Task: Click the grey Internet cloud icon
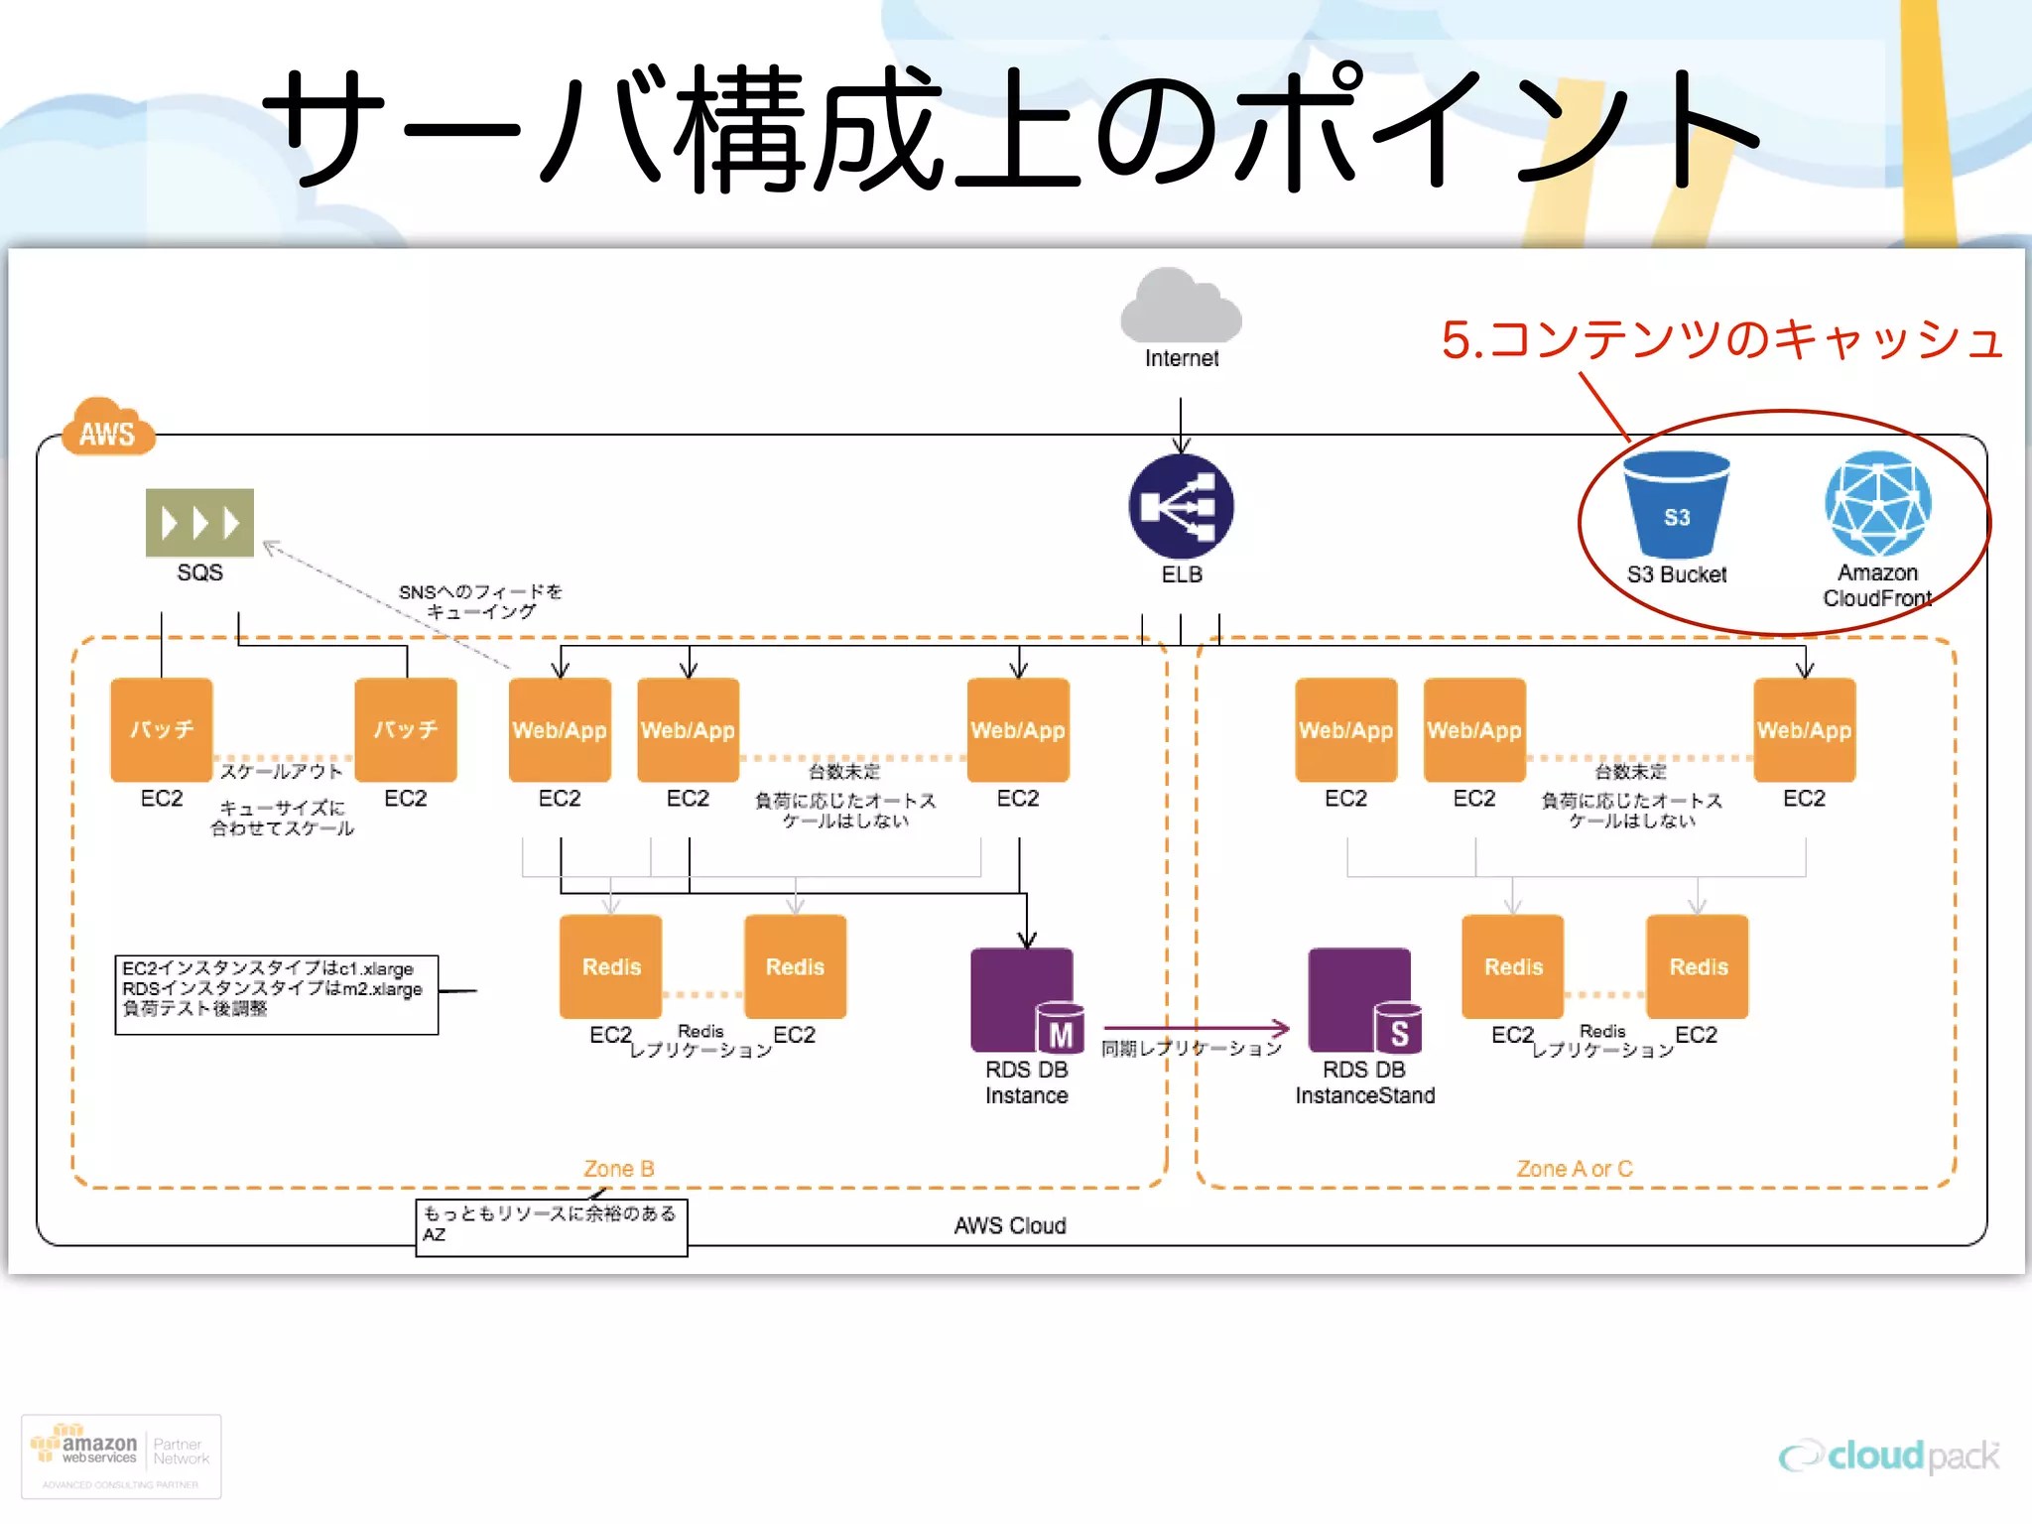[x=1181, y=308]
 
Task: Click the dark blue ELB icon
[x=1181, y=506]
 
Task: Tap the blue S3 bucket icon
[x=1676, y=505]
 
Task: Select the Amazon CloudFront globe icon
[x=1877, y=503]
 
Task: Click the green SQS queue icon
[x=199, y=522]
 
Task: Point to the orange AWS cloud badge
[x=107, y=429]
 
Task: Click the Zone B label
[x=618, y=1169]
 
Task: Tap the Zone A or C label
[x=1574, y=1169]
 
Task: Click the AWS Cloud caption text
[x=1009, y=1225]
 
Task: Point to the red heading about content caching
[x=1721, y=339]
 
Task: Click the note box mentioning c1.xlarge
[x=276, y=994]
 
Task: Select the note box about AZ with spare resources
[x=551, y=1227]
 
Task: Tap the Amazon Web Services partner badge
[x=121, y=1456]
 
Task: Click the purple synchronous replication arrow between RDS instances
[x=1196, y=1028]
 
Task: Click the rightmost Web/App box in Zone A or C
[x=1803, y=730]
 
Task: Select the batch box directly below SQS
[x=162, y=730]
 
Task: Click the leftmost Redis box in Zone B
[x=610, y=966]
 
